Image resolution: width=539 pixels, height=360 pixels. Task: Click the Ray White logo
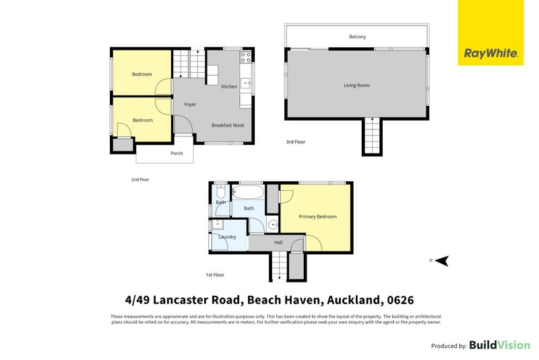pyautogui.click(x=490, y=32)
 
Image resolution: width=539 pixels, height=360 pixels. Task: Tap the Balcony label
pyautogui.click(x=358, y=36)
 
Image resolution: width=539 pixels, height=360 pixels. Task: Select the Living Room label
pyautogui.click(x=357, y=85)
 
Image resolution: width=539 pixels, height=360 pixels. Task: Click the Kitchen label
pyautogui.click(x=229, y=87)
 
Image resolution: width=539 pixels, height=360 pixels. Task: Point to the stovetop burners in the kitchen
pyautogui.click(x=246, y=57)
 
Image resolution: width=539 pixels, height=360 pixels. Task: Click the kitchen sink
pyautogui.click(x=246, y=83)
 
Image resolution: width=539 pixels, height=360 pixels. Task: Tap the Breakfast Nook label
pyautogui.click(x=228, y=125)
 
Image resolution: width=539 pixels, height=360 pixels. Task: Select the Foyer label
pyautogui.click(x=190, y=104)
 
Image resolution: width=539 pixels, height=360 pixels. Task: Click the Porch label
pyautogui.click(x=177, y=153)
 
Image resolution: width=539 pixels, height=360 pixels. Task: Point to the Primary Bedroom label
pyautogui.click(x=317, y=216)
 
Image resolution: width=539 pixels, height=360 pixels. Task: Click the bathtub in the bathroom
pyautogui.click(x=248, y=192)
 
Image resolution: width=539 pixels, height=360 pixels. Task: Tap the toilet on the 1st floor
pyautogui.click(x=221, y=191)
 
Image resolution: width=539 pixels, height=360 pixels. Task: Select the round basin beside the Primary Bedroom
pyautogui.click(x=273, y=225)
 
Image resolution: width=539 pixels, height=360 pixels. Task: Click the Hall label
pyautogui.click(x=278, y=243)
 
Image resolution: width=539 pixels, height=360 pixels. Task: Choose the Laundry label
pyautogui.click(x=227, y=237)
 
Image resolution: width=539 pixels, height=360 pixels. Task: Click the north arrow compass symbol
pyautogui.click(x=442, y=261)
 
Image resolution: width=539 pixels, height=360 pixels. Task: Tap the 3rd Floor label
pyautogui.click(x=296, y=142)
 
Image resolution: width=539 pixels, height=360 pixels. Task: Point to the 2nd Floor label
pyautogui.click(x=140, y=179)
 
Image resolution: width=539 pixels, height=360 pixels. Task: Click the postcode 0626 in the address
pyautogui.click(x=400, y=300)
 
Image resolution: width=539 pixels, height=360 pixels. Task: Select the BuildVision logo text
pyautogui.click(x=500, y=345)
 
